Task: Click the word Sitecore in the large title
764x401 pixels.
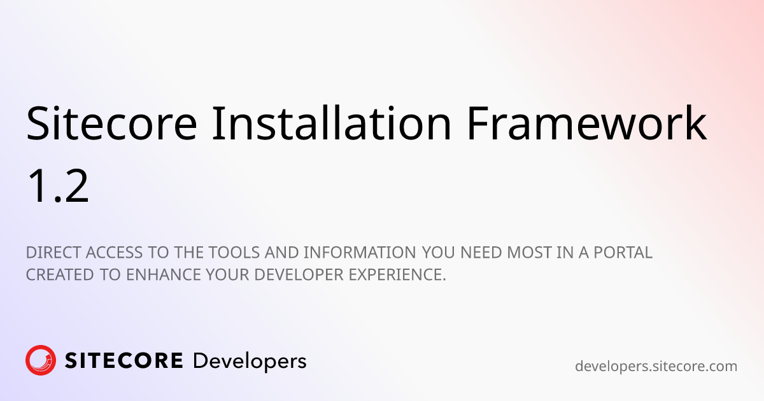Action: [x=111, y=123]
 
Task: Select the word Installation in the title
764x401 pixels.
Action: [x=332, y=123]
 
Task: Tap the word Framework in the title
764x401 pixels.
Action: [x=587, y=123]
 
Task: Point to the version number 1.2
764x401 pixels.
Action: [x=58, y=186]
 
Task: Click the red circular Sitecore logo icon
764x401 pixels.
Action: [x=41, y=360]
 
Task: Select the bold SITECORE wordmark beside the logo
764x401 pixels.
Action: [x=124, y=361]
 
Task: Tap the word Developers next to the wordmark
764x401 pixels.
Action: [x=250, y=362]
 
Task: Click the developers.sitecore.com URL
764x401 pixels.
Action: [x=656, y=367]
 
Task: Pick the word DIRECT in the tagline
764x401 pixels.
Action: [x=54, y=253]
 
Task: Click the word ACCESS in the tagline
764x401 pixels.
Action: [x=114, y=253]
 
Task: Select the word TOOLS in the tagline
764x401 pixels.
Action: [x=234, y=253]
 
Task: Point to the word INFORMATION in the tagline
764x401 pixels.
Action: [x=360, y=253]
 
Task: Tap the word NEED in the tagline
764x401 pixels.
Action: [x=481, y=253]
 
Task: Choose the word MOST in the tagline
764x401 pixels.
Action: [x=529, y=253]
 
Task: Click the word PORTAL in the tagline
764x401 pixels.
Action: [x=623, y=253]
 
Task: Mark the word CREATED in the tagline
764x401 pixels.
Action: [x=60, y=275]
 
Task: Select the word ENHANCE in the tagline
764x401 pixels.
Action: [x=164, y=275]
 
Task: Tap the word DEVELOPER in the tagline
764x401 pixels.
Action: [x=299, y=275]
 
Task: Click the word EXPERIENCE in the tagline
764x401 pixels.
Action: [x=397, y=275]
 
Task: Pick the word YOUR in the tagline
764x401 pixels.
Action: [x=227, y=275]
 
